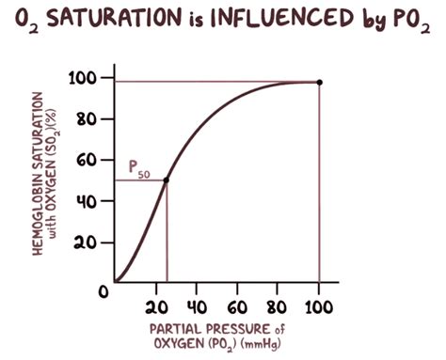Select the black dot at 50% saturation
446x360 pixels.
point(167,180)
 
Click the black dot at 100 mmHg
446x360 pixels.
point(319,83)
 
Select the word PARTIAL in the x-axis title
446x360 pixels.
point(172,329)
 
